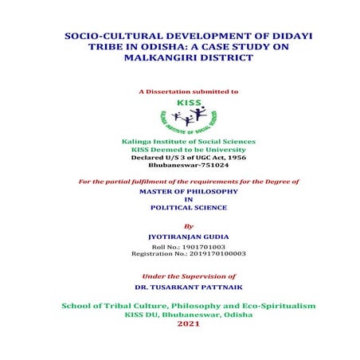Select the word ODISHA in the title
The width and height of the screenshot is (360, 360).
click(156, 49)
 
